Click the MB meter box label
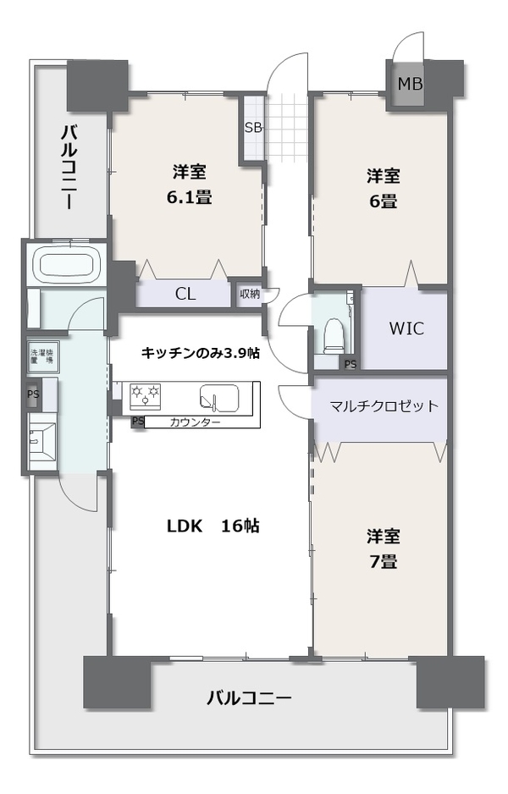(410, 83)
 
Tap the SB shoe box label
(253, 128)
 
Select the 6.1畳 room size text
(190, 197)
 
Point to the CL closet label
(185, 294)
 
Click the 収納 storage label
(250, 293)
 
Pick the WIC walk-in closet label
(406, 328)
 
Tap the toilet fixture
(334, 336)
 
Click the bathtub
(66, 264)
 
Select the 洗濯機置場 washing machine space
(43, 356)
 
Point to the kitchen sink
(219, 396)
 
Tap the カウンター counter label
(195, 422)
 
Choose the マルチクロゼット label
(384, 406)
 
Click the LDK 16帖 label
(213, 527)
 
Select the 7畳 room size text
(383, 561)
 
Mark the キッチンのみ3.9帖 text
(200, 353)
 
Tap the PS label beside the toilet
(350, 364)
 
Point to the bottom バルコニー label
(249, 698)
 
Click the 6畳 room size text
(383, 201)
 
